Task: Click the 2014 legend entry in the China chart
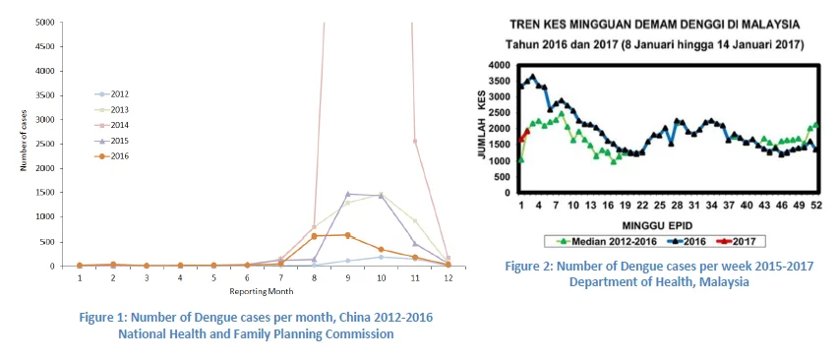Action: tap(111, 125)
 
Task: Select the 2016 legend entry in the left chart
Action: tap(111, 156)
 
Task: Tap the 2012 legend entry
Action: tap(111, 94)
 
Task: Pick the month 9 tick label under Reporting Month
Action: tap(347, 277)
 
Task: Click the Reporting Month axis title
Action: tap(262, 291)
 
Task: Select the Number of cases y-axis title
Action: tap(24, 145)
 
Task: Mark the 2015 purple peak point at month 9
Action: tap(347, 194)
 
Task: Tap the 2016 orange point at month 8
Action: tap(315, 235)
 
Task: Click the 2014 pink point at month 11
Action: tap(414, 141)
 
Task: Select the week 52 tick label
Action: tap(814, 206)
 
